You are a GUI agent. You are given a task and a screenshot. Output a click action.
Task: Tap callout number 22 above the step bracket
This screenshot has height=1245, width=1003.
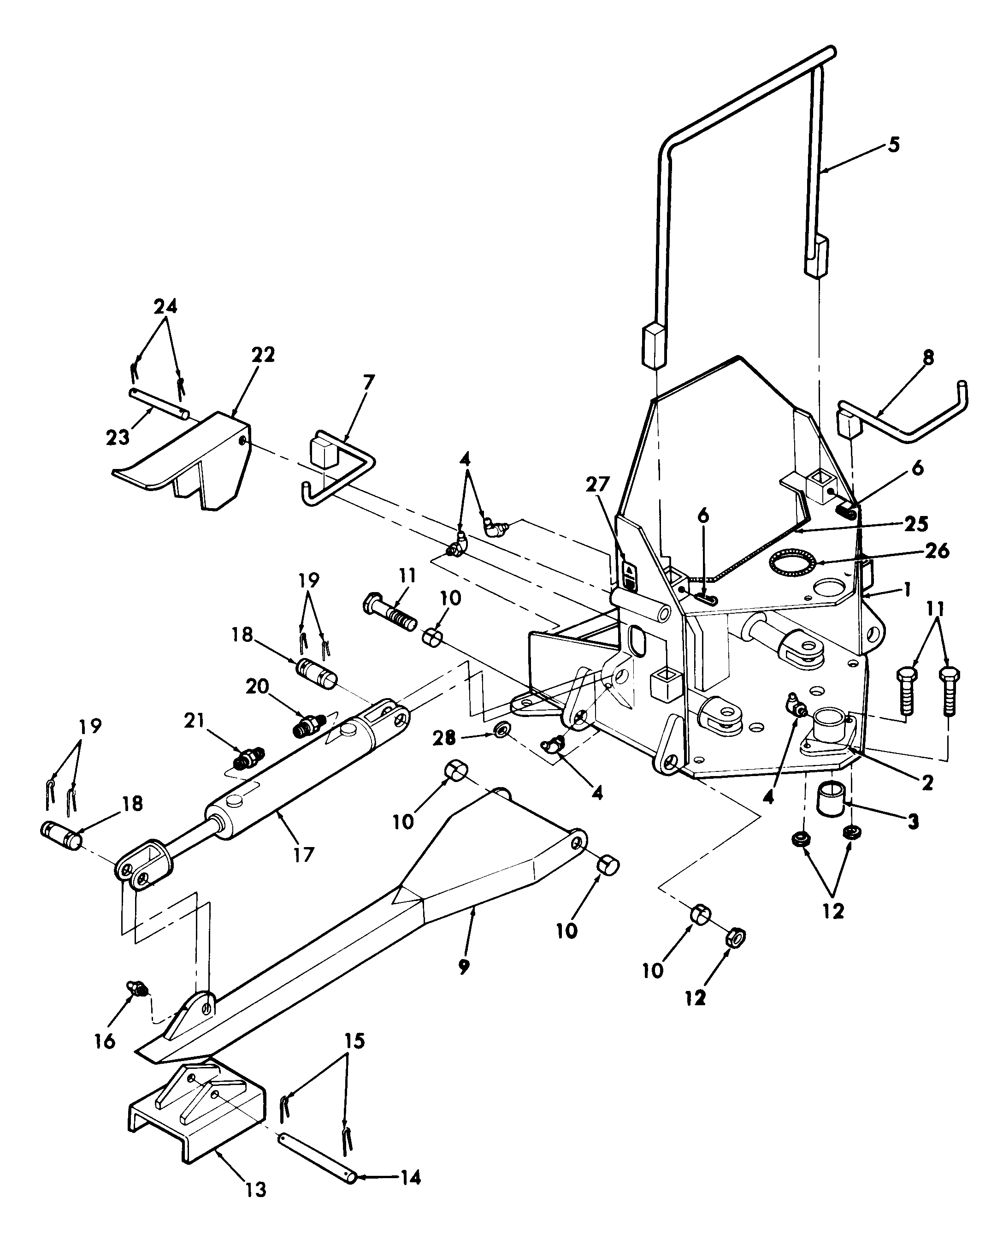pyautogui.click(x=263, y=354)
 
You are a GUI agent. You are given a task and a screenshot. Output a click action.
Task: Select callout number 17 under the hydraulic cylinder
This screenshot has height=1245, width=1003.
pyautogui.click(x=303, y=854)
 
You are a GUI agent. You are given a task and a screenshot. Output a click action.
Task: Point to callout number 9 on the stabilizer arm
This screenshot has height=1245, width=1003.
pyautogui.click(x=464, y=967)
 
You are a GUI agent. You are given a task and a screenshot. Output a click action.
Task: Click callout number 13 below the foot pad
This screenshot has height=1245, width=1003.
pyautogui.click(x=255, y=1190)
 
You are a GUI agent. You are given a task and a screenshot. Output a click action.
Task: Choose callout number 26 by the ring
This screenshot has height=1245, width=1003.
pyautogui.click(x=937, y=551)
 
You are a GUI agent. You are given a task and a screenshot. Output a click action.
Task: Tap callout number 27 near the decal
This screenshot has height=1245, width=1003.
pyautogui.click(x=597, y=484)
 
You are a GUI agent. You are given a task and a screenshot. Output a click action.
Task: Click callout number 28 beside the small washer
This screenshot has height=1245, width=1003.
pyautogui.click(x=444, y=737)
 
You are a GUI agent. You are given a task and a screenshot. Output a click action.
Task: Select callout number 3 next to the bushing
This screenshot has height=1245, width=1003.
pyautogui.click(x=912, y=821)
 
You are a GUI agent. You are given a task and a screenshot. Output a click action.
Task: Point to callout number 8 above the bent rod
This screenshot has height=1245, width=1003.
pyautogui.click(x=927, y=358)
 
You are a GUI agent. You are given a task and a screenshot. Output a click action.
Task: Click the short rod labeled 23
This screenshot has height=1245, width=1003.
pyautogui.click(x=158, y=403)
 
